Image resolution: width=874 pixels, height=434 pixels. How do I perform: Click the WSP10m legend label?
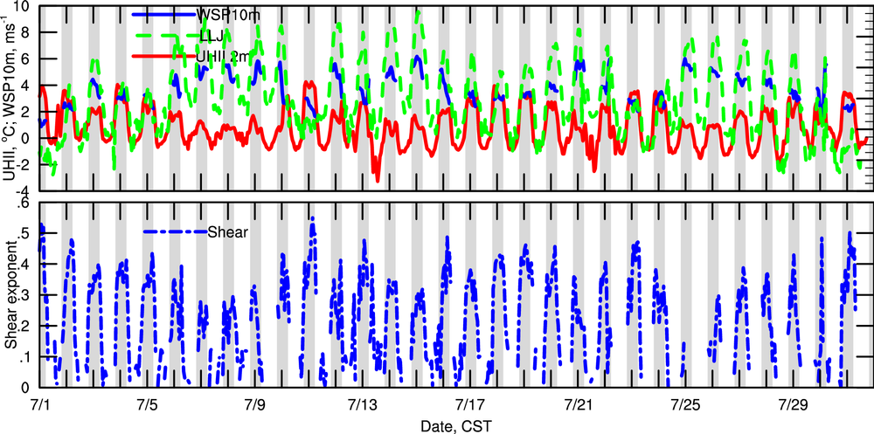pos(231,16)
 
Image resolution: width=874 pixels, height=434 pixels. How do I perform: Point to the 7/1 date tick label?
pos(38,405)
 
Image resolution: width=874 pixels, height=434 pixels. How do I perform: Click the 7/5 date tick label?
pos(147,405)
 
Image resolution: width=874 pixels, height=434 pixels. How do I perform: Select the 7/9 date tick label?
pos(254,405)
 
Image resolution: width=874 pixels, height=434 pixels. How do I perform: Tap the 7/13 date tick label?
pos(363,405)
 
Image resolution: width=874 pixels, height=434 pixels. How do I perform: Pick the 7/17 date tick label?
pos(470,405)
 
